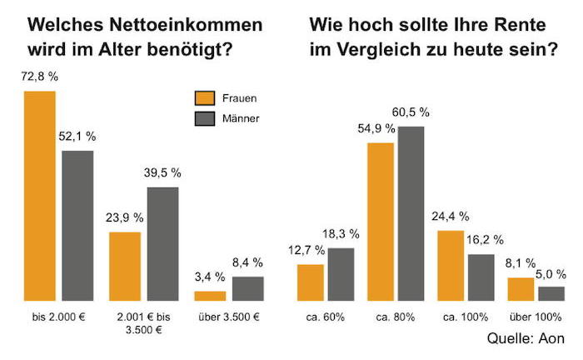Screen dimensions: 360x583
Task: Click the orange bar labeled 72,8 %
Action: pyautogui.click(x=40, y=195)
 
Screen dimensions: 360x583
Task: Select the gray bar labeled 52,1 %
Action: pyautogui.click(x=77, y=225)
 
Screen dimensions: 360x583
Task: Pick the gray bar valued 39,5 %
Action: pyautogui.click(x=163, y=243)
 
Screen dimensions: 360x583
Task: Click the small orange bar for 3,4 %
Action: pyautogui.click(x=210, y=295)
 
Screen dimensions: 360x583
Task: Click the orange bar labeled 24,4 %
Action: pyautogui.click(x=451, y=265)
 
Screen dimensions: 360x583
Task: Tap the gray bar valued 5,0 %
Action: pyautogui.click(x=551, y=292)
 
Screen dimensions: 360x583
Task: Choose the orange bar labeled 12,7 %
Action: pyautogui.click(x=311, y=282)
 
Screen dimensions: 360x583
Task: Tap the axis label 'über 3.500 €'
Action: pyautogui.click(x=229, y=317)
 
